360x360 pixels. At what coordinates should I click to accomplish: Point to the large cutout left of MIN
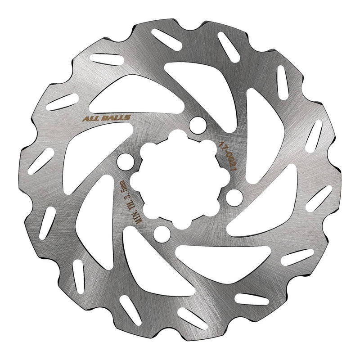point(94,211)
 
